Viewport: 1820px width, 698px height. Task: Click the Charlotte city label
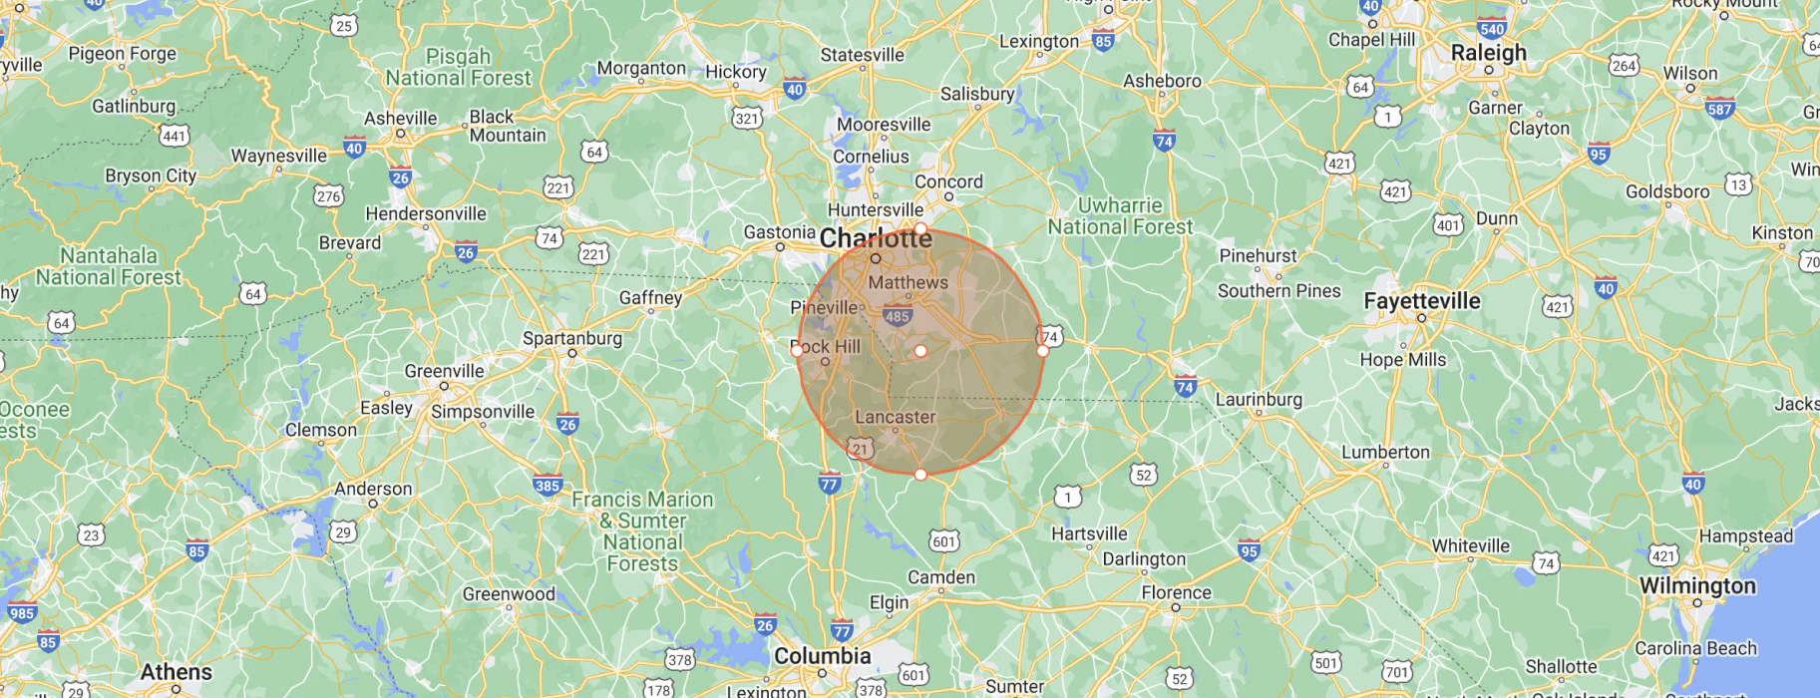tap(876, 239)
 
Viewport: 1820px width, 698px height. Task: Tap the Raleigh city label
tap(1488, 53)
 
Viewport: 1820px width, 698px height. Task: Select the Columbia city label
tap(822, 656)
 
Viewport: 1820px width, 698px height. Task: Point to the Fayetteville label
tap(1421, 301)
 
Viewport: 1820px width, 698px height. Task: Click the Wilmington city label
tap(1697, 586)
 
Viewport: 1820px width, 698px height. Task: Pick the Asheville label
tap(400, 119)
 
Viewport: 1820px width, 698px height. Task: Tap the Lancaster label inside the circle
tap(895, 417)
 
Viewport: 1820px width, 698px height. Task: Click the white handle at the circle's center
tap(920, 351)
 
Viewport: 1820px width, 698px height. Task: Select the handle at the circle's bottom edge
tap(920, 475)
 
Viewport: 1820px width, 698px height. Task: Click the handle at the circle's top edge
tap(920, 228)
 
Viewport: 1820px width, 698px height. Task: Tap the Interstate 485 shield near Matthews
tap(897, 317)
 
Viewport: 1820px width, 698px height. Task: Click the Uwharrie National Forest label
tap(1119, 216)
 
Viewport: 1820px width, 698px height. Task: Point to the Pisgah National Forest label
tap(458, 67)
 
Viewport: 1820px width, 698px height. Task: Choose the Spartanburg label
tap(571, 338)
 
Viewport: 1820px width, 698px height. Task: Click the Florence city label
tap(1176, 593)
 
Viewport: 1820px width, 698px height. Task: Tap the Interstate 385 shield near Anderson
tap(547, 486)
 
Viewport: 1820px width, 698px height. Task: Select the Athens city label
tap(176, 672)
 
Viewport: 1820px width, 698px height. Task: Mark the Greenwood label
tap(509, 594)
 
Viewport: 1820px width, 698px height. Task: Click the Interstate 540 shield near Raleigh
tap(1492, 29)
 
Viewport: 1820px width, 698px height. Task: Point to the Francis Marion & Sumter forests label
tap(642, 531)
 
